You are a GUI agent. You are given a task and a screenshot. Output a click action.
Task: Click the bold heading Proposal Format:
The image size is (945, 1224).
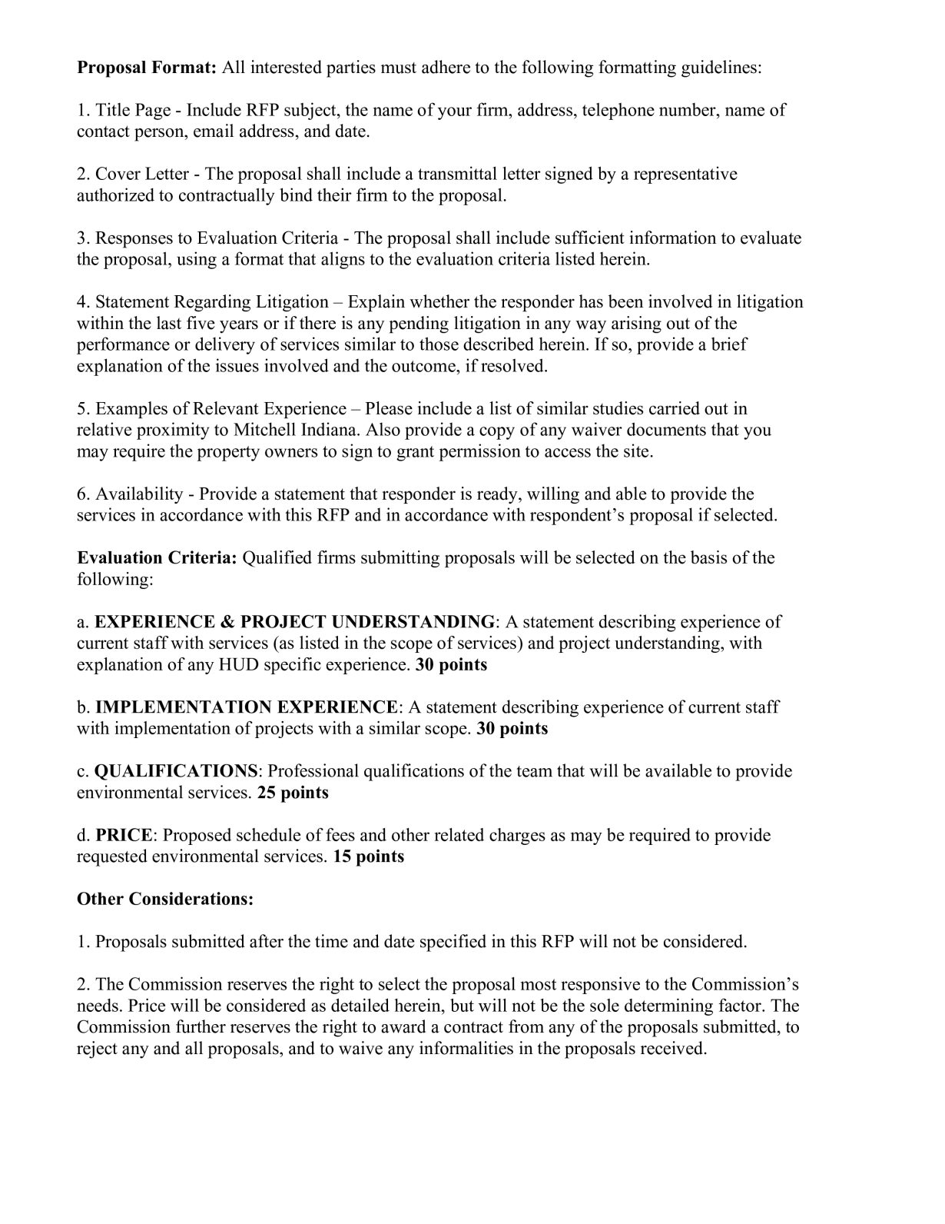147,68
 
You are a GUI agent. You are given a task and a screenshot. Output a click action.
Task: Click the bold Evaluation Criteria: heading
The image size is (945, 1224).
157,557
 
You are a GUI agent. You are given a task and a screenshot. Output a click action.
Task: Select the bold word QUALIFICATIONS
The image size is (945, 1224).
176,771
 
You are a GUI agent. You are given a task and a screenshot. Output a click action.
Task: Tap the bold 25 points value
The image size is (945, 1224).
293,793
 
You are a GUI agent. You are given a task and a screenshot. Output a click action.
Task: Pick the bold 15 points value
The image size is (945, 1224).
368,856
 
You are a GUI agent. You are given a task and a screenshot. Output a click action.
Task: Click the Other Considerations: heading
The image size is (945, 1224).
165,899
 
